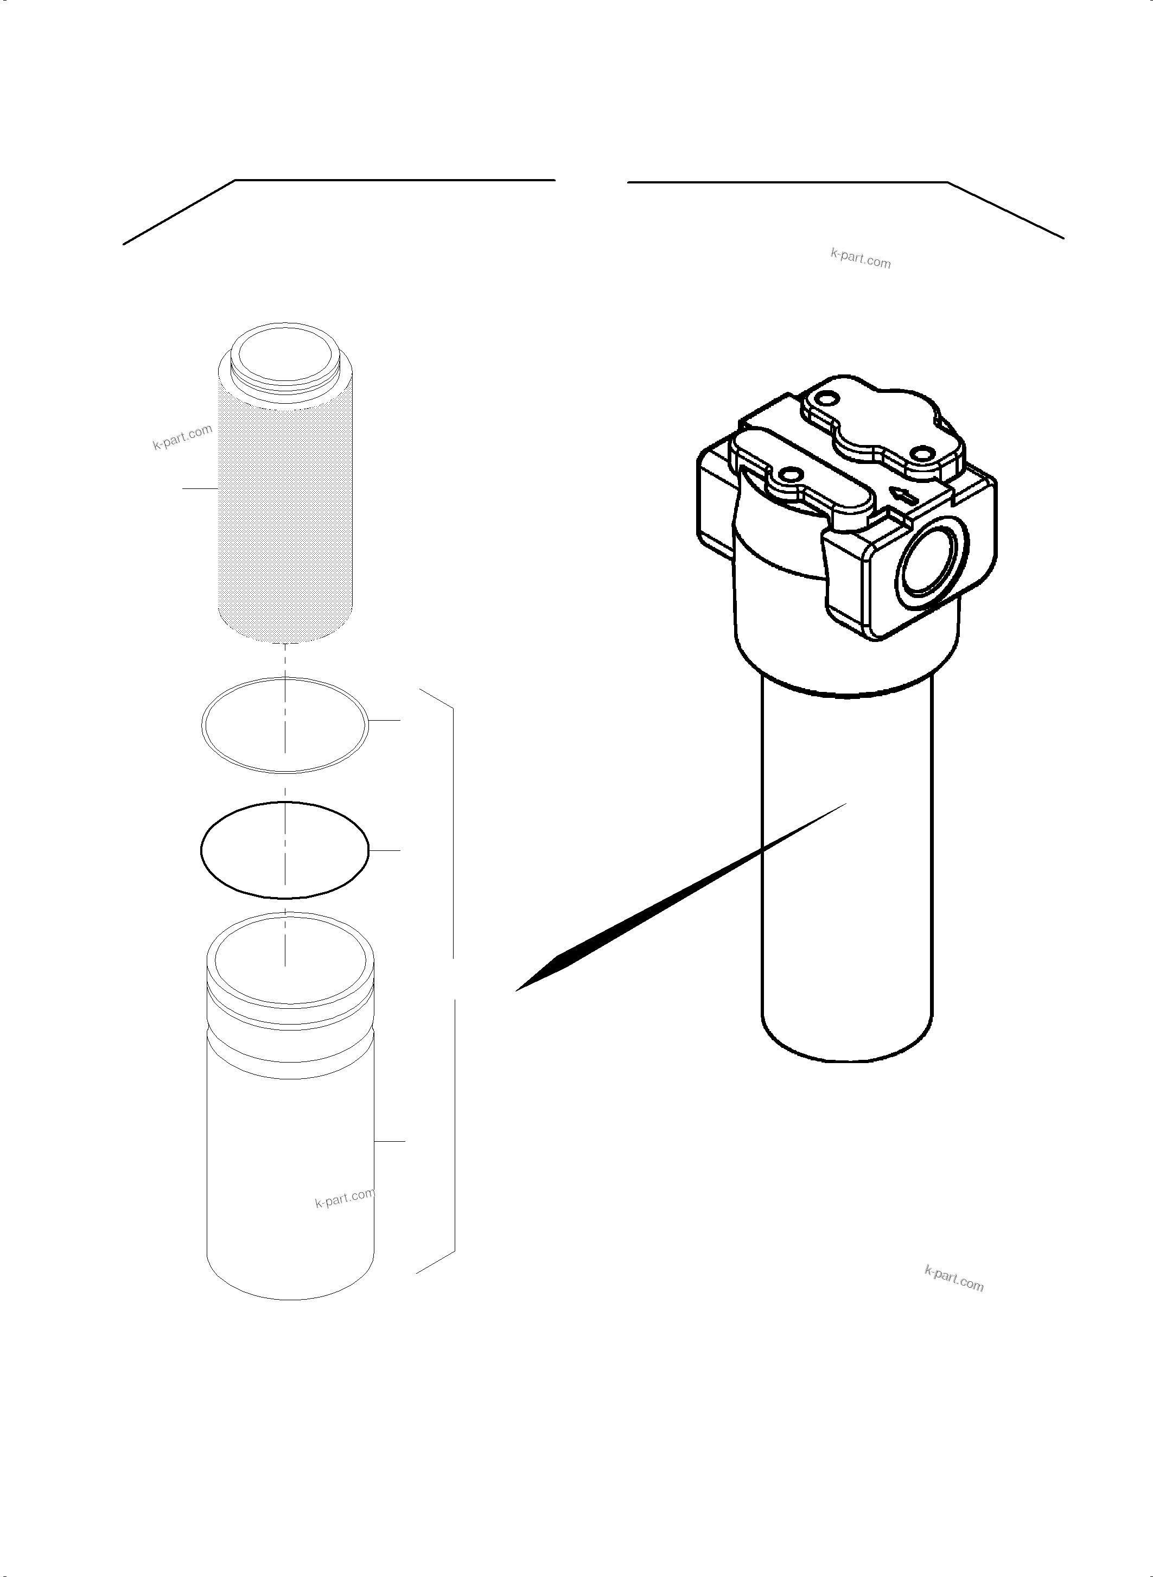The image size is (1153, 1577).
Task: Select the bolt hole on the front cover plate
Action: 789,475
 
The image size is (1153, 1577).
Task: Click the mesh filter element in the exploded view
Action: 286,510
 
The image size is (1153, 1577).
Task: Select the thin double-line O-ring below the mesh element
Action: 284,726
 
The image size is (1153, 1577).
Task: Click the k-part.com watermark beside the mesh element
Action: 182,437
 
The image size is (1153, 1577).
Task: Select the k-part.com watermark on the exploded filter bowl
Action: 345,1199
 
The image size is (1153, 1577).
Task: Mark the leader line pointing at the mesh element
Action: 200,488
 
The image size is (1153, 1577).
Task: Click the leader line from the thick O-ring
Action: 385,851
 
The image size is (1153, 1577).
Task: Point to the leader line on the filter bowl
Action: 390,1141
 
